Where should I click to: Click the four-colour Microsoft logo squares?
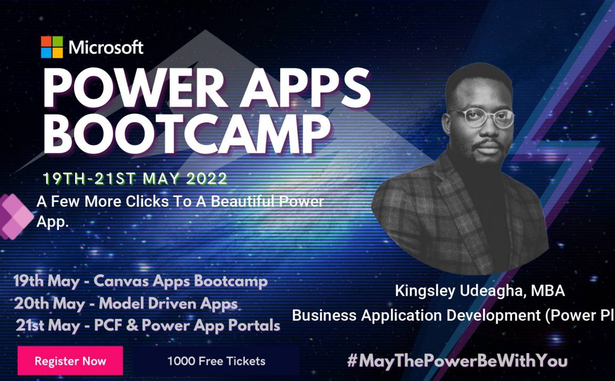(52, 47)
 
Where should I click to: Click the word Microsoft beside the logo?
(106, 47)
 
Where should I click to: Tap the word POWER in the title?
(134, 89)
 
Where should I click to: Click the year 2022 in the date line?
(207, 179)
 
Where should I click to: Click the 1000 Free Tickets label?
(217, 361)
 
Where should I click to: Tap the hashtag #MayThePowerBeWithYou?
(457, 361)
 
